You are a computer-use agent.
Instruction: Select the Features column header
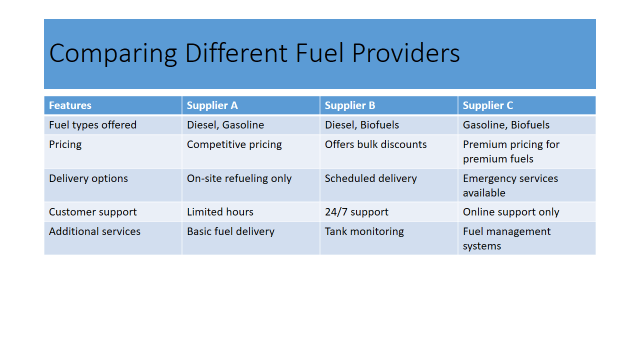[x=70, y=104]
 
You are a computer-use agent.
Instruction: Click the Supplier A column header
[x=212, y=104]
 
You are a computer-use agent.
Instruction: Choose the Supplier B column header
[x=350, y=104]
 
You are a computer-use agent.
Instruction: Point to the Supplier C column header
[x=488, y=104]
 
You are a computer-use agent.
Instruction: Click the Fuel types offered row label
[x=92, y=125]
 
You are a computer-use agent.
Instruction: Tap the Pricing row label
[x=65, y=144]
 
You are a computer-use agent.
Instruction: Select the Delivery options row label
[x=89, y=178]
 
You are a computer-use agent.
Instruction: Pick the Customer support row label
[x=92, y=212]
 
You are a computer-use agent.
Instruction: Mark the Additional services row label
[x=94, y=231]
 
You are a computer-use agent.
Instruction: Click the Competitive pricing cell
[x=234, y=144]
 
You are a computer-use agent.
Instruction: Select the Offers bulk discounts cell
[x=375, y=144]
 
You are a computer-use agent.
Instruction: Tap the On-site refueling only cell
[x=239, y=178]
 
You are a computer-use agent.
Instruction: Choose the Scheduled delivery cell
[x=370, y=178]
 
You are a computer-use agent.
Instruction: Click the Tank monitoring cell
[x=364, y=231]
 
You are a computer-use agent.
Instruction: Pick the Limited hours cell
[x=220, y=212]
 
